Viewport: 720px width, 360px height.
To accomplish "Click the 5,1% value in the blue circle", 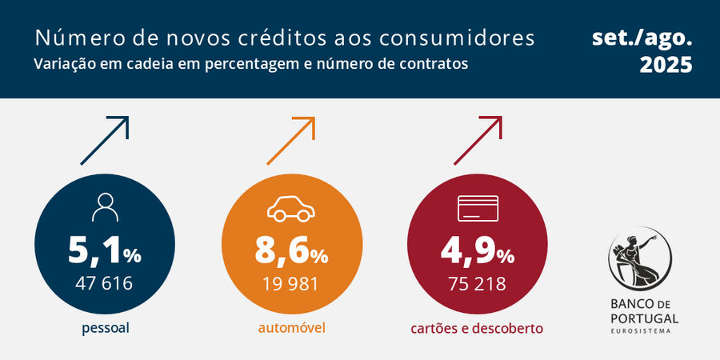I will tap(103, 252).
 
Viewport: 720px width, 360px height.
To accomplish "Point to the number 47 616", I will tap(103, 283).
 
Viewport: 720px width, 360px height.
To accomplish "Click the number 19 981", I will tap(291, 283).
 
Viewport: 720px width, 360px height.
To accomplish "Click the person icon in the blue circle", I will tap(104, 208).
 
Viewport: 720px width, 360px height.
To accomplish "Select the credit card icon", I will tap(478, 209).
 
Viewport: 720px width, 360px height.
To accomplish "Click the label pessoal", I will tap(105, 328).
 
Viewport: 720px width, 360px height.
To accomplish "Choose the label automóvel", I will tap(291, 328).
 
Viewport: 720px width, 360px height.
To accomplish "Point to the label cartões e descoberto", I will tap(477, 328).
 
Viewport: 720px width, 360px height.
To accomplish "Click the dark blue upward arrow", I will tap(105, 141).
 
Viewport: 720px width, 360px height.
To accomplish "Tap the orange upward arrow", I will tap(291, 141).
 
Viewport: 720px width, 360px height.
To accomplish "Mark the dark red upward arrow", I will tap(478, 141).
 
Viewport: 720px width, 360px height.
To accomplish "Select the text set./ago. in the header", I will tap(642, 38).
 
